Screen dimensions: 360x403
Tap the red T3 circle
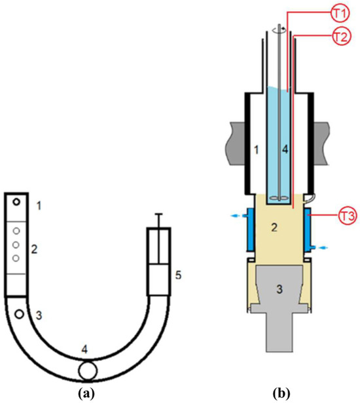point(348,216)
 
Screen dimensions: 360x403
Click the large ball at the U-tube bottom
point(88,371)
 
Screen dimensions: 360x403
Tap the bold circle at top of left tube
point(16,202)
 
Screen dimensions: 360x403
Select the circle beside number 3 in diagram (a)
point(19,314)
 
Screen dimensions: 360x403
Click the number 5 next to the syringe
point(178,275)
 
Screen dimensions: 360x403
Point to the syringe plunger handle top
point(159,214)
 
